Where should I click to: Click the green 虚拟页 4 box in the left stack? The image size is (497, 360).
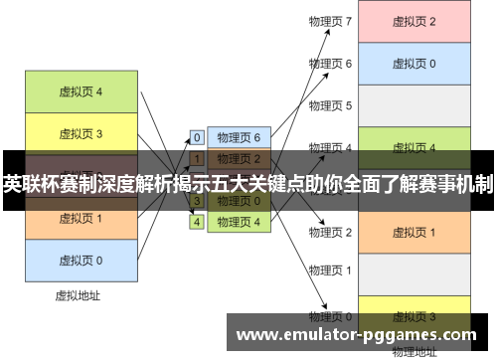tap(81, 92)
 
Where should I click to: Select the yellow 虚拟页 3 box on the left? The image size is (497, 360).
tap(81, 133)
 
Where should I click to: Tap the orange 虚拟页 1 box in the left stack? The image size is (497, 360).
tap(81, 218)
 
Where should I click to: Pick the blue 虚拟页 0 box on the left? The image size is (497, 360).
tap(81, 260)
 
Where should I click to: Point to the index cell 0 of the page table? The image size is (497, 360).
tap(197, 137)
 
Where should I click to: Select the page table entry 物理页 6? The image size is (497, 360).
tap(239, 137)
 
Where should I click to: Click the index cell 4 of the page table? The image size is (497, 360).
tap(197, 222)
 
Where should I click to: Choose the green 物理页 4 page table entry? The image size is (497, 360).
tap(239, 222)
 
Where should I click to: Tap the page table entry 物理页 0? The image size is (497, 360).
tap(239, 201)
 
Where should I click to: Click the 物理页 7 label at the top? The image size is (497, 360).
tap(330, 21)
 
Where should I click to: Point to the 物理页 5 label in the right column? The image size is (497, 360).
tap(330, 105)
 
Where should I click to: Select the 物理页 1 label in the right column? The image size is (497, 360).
tap(330, 270)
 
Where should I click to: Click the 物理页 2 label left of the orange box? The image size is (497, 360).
tap(330, 232)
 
